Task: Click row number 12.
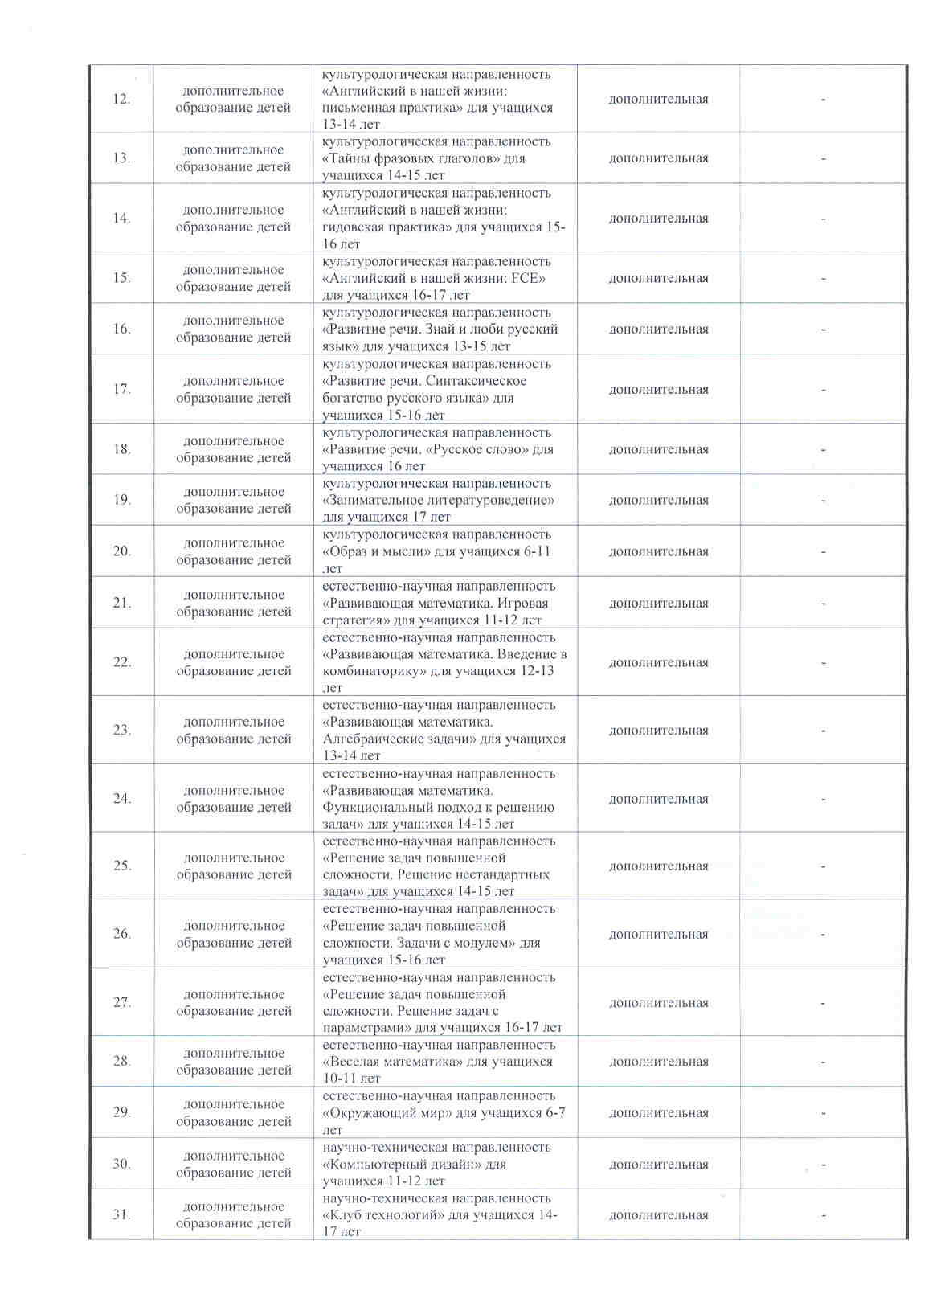(121, 100)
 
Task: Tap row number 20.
(121, 551)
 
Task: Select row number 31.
(121, 1214)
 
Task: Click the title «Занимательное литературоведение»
(438, 500)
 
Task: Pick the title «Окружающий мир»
(388, 1112)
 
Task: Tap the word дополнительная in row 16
(658, 329)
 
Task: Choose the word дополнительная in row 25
(658, 866)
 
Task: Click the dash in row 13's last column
(823, 158)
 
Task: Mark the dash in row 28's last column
(823, 1062)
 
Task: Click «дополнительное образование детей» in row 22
(233, 662)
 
